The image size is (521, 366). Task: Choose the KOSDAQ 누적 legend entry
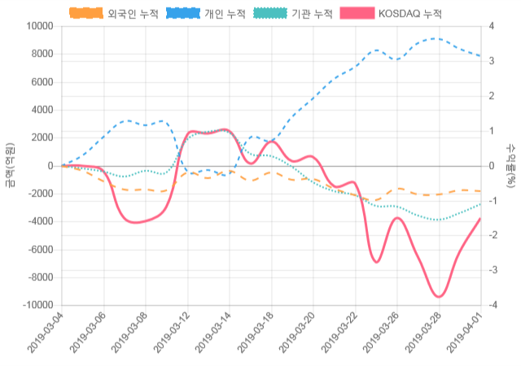point(409,14)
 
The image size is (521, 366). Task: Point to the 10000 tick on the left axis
point(38,26)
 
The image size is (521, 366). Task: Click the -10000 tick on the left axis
point(36,305)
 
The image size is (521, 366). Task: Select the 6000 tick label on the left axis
point(41,82)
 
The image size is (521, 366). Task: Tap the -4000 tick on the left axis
point(39,221)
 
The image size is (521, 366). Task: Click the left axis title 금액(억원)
point(10,165)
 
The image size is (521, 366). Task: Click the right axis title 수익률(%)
point(511,165)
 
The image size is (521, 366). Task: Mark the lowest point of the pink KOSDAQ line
point(439,297)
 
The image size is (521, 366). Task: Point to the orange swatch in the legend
point(85,14)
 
